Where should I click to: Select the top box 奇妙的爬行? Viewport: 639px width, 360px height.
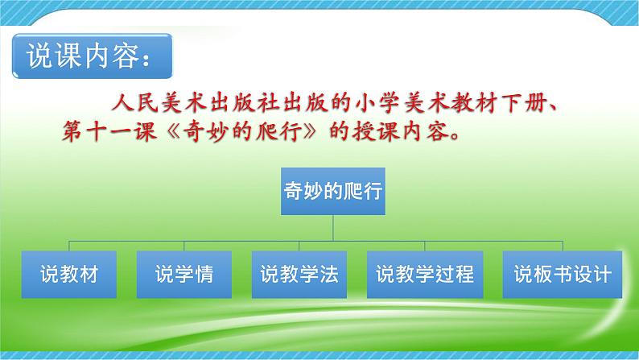(332, 192)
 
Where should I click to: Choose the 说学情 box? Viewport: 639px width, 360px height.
(184, 274)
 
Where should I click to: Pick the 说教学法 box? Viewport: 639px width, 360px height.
(299, 274)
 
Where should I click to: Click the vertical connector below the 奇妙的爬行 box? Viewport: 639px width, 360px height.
(332, 229)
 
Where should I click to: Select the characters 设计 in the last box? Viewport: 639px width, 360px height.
(592, 274)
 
